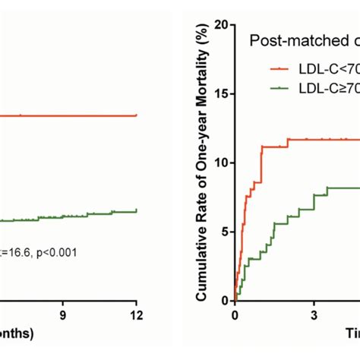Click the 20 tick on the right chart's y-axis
click(x=221, y=24)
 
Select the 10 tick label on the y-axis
click(x=221, y=163)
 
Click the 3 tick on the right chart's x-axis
click(x=313, y=314)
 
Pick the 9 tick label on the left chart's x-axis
click(x=63, y=314)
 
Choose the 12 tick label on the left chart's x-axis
click(x=135, y=314)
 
